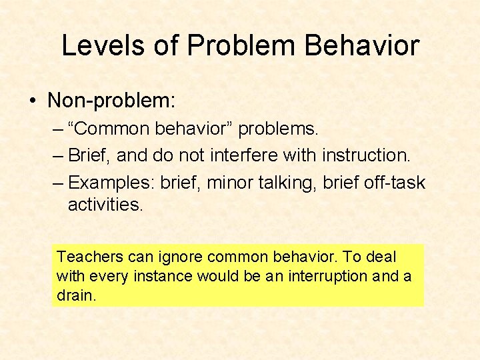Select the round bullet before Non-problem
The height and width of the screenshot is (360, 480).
coord(32,101)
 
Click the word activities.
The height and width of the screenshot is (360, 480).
coord(105,205)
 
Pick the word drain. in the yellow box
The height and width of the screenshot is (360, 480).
coord(77,295)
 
